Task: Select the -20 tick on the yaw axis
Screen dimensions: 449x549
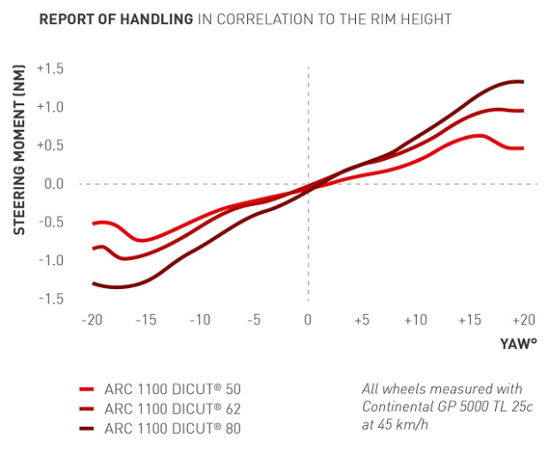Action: coord(91,319)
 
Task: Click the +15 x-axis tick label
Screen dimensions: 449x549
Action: coord(469,319)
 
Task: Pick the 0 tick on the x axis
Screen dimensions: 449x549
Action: coord(308,319)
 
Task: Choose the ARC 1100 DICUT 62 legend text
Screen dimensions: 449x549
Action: coord(172,409)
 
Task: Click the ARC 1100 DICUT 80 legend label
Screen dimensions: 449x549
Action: coord(172,430)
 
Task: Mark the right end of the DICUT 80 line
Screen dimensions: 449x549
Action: coord(523,82)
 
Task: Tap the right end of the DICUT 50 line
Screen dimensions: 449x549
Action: coord(523,148)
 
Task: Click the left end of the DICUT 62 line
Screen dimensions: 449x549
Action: coord(93,249)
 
